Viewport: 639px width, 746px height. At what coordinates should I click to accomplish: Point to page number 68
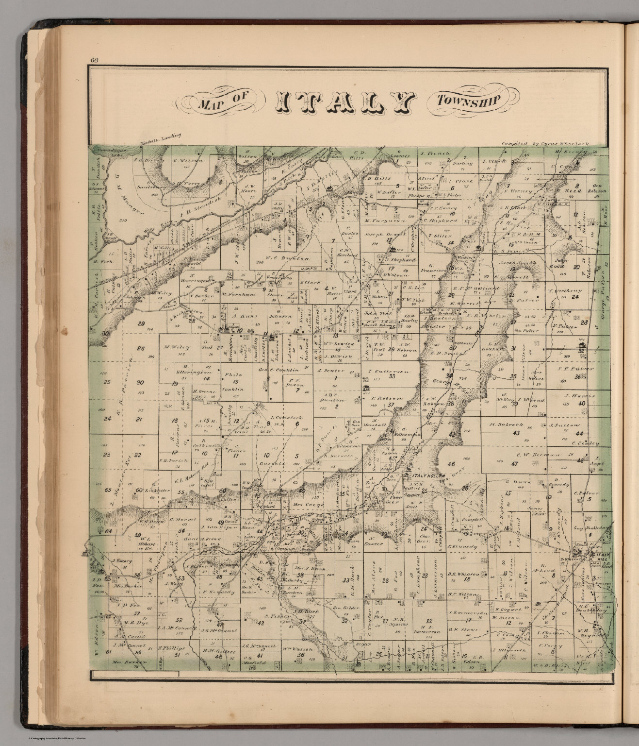click(x=94, y=61)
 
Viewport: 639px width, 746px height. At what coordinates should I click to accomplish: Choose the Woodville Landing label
click(x=160, y=138)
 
